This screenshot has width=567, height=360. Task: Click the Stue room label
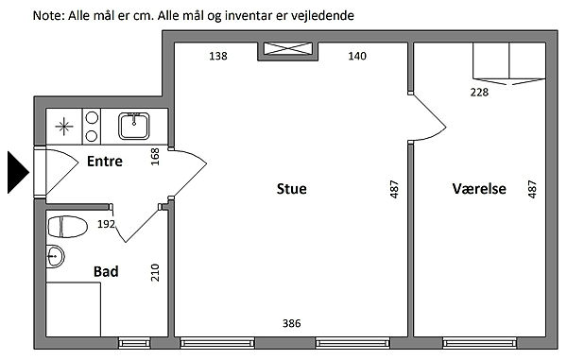pos(291,189)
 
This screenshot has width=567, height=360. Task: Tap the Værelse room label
pos(479,189)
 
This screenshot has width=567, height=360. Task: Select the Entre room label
pos(105,162)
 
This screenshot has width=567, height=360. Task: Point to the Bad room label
pos(106,271)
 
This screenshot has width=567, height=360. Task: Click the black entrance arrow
pos(18,172)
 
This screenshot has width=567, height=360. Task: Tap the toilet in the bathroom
pos(68,227)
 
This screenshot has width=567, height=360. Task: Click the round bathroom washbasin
pos(55,257)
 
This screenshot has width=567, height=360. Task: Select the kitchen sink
pos(134,126)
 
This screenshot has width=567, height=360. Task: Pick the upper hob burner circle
pos(92,117)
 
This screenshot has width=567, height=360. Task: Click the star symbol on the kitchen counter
pos(64,127)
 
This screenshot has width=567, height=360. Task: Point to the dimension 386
pos(291,323)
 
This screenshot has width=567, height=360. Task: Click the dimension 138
pos(218,56)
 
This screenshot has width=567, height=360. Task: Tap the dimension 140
pos(357,56)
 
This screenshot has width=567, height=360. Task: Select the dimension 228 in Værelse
pos(479,93)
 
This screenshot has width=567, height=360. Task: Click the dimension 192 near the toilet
pos(106,224)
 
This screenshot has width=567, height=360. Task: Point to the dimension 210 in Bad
pos(155,272)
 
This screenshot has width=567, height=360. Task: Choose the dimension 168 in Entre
pos(155,157)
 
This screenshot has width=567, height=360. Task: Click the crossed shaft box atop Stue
pos(288,49)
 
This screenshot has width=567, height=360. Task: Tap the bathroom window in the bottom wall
pos(134,343)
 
